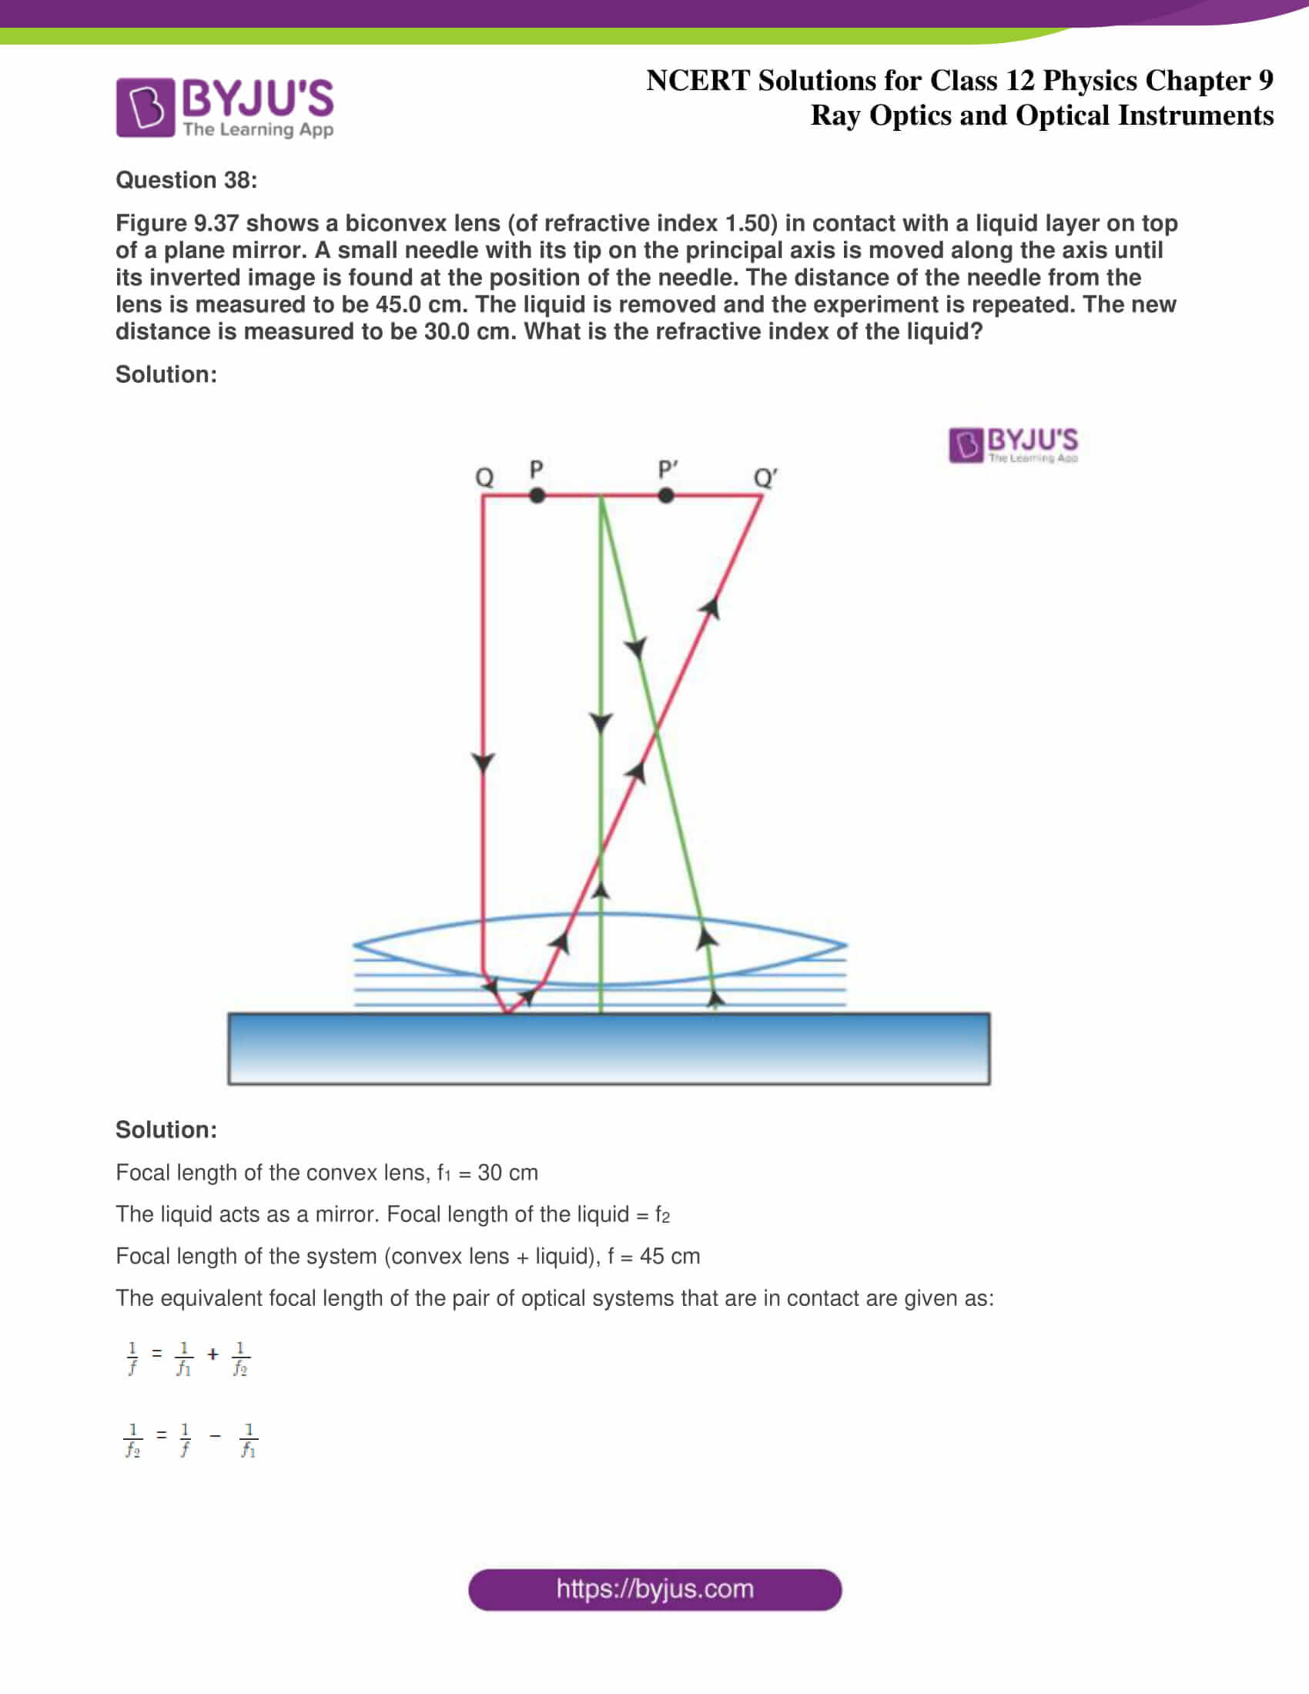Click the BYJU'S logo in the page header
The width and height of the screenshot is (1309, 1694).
coord(225,107)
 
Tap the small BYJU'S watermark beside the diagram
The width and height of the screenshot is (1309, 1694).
coord(1013,444)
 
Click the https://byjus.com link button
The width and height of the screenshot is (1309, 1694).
coord(654,1589)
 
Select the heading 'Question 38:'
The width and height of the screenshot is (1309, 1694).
coord(186,180)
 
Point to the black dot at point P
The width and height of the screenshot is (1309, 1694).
coord(537,496)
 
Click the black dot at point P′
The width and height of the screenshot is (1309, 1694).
coord(665,496)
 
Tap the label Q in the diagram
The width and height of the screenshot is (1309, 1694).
coord(484,476)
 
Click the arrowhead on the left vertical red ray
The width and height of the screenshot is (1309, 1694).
coord(483,762)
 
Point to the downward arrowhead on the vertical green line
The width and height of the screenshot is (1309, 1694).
coord(601,722)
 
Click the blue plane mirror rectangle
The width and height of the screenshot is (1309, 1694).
coord(609,1048)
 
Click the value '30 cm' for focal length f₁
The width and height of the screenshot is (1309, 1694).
coord(507,1173)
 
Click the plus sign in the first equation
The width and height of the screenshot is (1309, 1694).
coord(213,1354)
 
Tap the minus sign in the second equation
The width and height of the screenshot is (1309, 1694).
coord(215,1436)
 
